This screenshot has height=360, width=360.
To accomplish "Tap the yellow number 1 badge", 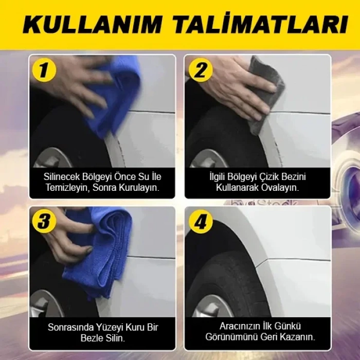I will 44,70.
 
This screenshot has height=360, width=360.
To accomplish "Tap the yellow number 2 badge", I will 200,70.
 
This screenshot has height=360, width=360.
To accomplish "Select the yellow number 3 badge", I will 44,221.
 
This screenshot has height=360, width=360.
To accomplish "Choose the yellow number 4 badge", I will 200,221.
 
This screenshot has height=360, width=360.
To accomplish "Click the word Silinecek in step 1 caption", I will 62,176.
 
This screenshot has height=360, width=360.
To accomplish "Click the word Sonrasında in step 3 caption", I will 69,327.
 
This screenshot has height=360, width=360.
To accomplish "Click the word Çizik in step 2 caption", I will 273,176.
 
